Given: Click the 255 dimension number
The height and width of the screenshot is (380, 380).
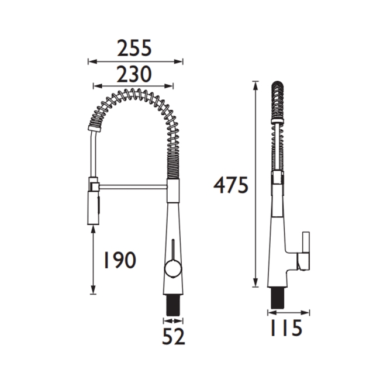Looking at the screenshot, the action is [134, 48].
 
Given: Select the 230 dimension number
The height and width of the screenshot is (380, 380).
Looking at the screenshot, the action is [134, 74].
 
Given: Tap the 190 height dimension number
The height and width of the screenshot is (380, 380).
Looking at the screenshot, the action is [120, 260].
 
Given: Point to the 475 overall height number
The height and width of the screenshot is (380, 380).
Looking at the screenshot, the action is [231, 185].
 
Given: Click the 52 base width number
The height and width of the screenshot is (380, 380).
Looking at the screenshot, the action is [174, 336].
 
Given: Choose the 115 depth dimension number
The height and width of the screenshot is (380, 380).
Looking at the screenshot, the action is [286, 328].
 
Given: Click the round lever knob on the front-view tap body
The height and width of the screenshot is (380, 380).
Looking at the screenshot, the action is [173, 270].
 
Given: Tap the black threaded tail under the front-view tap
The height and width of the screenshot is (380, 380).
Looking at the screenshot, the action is [172, 305].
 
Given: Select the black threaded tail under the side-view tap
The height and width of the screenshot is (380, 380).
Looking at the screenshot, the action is [277, 298].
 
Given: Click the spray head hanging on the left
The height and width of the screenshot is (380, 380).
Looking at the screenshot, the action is [94, 208].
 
